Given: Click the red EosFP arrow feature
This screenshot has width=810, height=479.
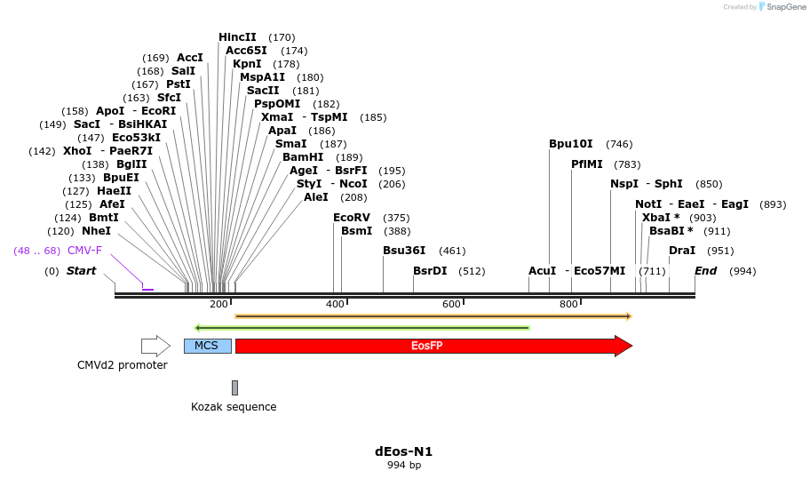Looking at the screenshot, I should coord(426,346).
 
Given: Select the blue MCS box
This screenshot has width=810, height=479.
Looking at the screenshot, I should coord(207,346).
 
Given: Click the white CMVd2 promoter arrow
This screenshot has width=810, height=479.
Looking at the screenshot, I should coord(155,346).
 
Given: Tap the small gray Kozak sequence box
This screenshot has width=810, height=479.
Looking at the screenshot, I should coord(234,387).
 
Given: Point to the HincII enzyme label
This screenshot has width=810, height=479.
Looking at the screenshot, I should coord(237,37).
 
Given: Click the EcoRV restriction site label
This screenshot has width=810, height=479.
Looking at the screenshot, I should coord(351,218).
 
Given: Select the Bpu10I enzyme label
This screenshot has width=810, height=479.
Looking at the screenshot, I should coord(570,144).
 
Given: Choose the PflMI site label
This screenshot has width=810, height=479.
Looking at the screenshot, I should coord(587,164).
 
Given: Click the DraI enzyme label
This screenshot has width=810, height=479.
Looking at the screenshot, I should coord(682,251).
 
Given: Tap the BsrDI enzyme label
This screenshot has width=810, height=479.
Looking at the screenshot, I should coord(430,271).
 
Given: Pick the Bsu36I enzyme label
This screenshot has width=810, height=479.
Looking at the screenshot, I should coord(404,251).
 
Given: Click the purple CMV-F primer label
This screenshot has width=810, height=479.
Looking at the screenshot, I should coord(84,251).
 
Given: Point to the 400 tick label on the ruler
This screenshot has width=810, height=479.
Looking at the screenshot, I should coord(335,305).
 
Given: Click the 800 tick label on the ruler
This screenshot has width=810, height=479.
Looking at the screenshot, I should coord(568,305).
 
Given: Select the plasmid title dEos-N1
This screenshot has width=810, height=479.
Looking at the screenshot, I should coord(404,451).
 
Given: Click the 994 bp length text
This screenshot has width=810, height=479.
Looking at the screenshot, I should coord(404,465).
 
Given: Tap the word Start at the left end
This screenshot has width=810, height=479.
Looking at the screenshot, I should coord(81,271).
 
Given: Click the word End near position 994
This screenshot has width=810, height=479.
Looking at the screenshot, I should coord(705,271).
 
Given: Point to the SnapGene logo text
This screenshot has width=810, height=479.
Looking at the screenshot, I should coord(782,7).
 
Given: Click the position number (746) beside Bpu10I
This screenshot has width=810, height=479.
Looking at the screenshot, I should coord(619,144).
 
